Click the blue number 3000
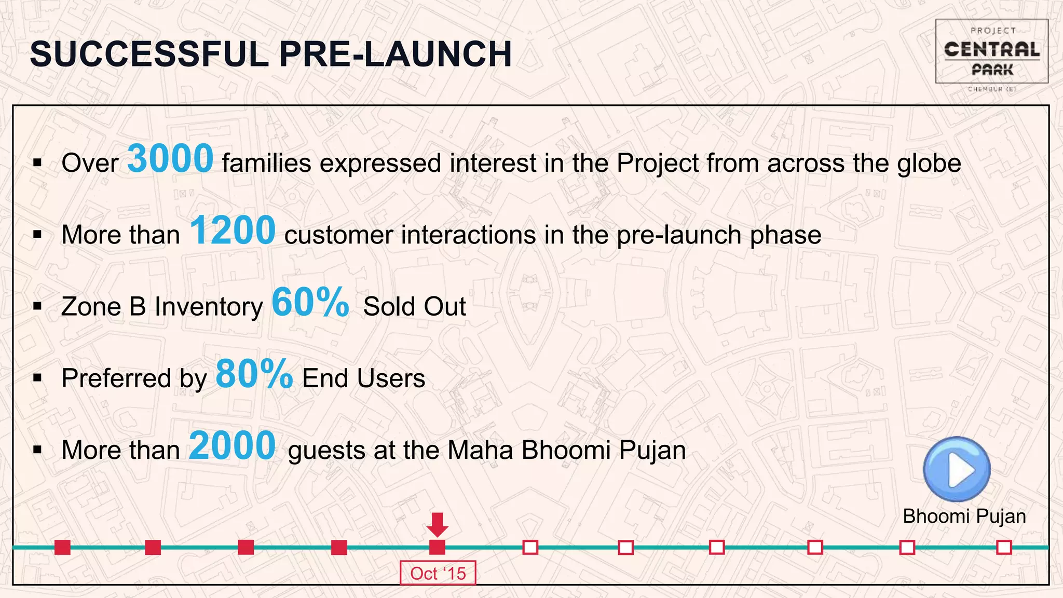click(x=170, y=159)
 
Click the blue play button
click(x=957, y=469)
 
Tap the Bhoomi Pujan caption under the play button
click(x=964, y=517)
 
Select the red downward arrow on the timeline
click(x=437, y=525)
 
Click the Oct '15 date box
click(x=438, y=573)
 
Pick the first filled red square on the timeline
click(x=62, y=547)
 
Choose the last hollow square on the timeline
click(x=1004, y=547)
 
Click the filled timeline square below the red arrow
click(x=437, y=547)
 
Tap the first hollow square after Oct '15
click(x=530, y=547)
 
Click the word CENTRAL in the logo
click(x=991, y=50)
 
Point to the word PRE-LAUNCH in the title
click(x=396, y=54)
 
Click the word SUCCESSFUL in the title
click(x=148, y=54)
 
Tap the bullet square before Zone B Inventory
click(x=37, y=306)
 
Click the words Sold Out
click(x=414, y=306)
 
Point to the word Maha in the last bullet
click(x=480, y=450)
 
